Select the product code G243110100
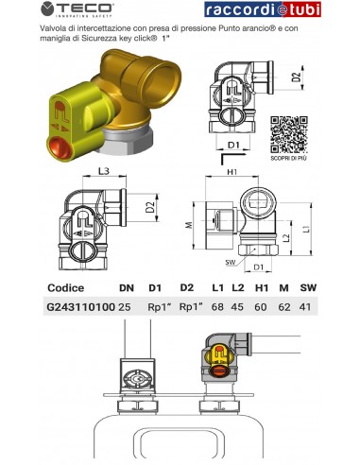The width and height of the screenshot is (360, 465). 80,306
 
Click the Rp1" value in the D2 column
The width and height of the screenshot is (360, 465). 192,306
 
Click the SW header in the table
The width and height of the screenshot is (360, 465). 309,287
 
